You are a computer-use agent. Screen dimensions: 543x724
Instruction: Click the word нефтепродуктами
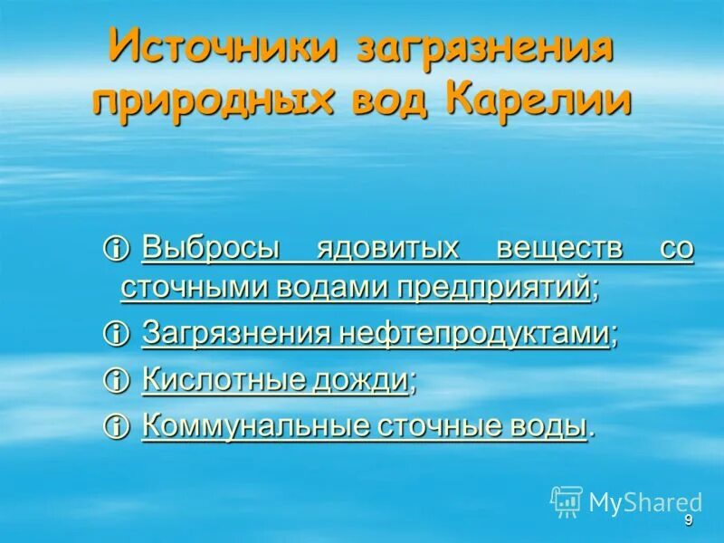click(473, 334)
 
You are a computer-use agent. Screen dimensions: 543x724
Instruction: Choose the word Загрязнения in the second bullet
click(236, 334)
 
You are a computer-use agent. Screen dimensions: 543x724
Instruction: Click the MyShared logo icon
click(567, 500)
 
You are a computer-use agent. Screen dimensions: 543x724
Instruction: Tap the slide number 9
click(689, 520)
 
